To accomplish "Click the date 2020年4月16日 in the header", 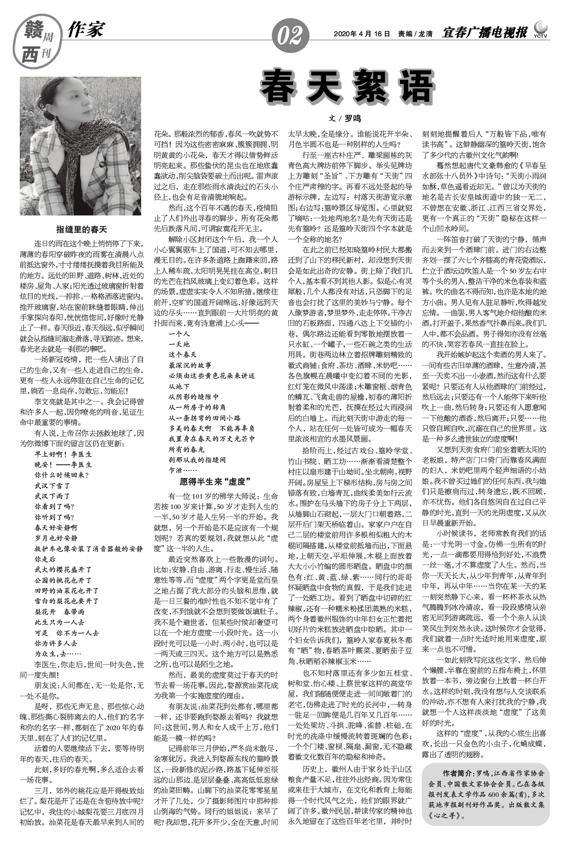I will tap(362, 34).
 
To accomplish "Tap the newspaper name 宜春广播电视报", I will tap(485, 33).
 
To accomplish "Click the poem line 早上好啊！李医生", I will tap(63, 455).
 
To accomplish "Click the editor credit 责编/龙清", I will tap(415, 34).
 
